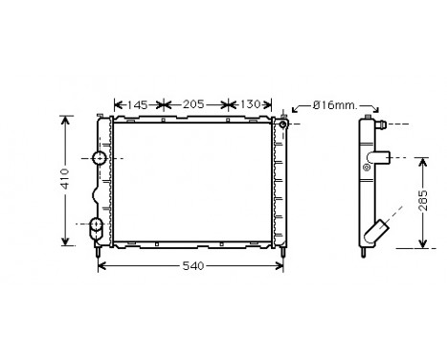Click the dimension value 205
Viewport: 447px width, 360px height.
[x=194, y=103]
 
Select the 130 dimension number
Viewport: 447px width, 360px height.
[x=247, y=103]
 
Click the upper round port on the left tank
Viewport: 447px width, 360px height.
[x=100, y=158]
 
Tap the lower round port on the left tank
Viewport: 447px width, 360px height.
[x=97, y=227]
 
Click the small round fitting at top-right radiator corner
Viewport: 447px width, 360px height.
[x=283, y=124]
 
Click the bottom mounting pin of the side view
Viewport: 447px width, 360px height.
[x=367, y=255]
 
